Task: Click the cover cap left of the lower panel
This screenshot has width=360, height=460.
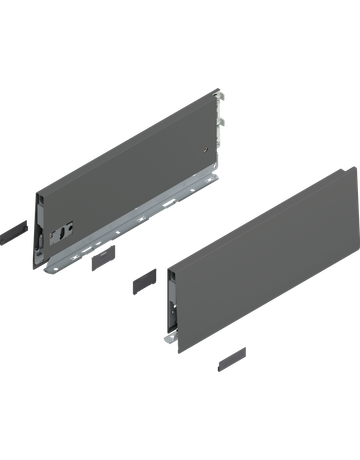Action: [x=142, y=277]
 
